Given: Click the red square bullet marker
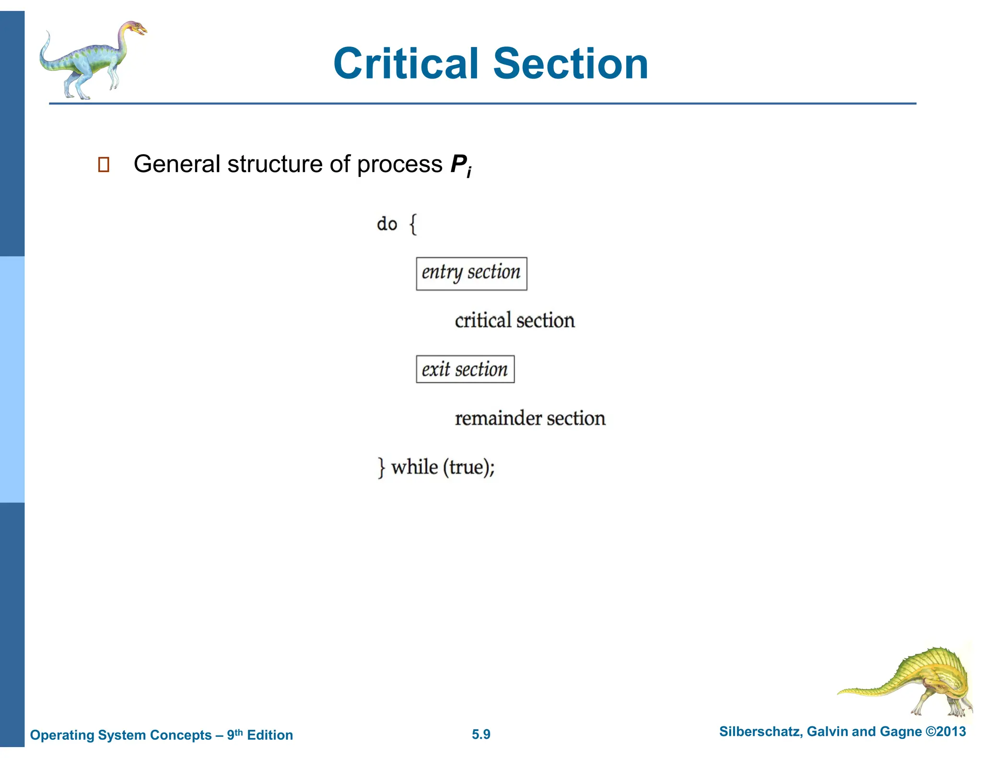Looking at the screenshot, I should point(104,164).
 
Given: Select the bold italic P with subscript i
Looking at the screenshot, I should point(460,165).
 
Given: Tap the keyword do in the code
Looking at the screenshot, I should point(386,224).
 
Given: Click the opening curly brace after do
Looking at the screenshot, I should point(413,224).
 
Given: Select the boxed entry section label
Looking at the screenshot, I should point(471,273).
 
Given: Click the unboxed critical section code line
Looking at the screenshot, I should point(514,321).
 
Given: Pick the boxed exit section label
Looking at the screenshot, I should point(465,369).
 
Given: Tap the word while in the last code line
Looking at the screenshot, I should point(414,467).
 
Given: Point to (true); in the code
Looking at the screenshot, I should point(468,468).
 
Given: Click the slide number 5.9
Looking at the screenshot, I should point(481,735).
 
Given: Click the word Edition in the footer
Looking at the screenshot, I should point(269,735).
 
